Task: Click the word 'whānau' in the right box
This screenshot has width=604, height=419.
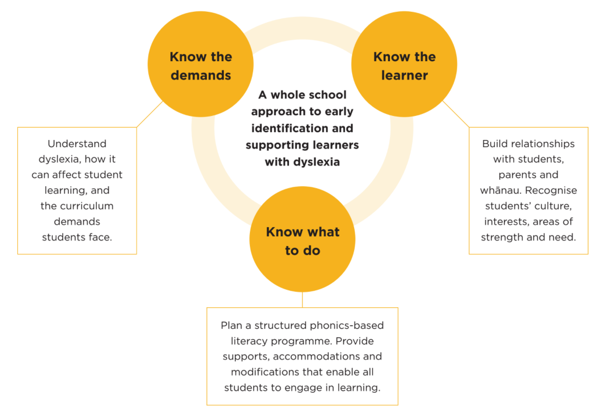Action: [x=500, y=190]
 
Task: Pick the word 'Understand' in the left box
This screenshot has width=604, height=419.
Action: [x=77, y=144]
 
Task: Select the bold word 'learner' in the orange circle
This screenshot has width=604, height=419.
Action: [x=405, y=75]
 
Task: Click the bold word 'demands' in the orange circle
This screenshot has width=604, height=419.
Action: [x=201, y=75]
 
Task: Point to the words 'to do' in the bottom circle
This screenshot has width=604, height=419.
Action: [x=303, y=251]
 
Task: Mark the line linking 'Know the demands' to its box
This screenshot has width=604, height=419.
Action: [x=150, y=114]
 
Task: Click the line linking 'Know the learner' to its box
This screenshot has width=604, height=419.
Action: [x=456, y=114]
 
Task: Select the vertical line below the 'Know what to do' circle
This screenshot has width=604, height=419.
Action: [x=303, y=300]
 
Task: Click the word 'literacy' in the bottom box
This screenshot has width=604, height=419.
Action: [x=249, y=341]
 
